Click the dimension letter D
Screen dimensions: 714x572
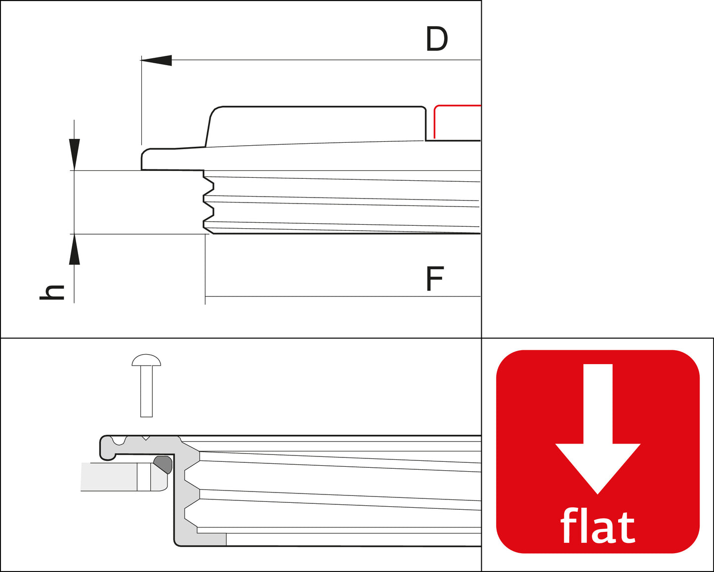437,39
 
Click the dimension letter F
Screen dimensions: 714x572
435,279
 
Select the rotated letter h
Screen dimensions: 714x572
52,292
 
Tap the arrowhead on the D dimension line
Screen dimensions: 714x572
157,60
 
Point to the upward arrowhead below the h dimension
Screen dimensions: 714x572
74,249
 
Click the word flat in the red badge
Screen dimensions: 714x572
597,528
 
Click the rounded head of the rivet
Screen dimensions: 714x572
146,360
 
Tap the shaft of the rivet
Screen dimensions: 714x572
146,392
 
